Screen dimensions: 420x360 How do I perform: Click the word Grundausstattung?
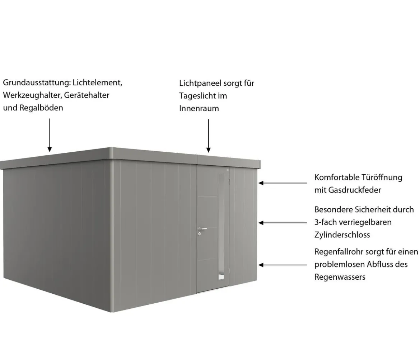point(37,83)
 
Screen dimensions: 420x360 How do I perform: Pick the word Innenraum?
point(199,108)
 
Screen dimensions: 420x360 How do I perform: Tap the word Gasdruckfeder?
point(355,190)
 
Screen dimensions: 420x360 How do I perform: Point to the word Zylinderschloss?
point(342,235)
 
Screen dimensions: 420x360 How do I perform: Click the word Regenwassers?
point(340,277)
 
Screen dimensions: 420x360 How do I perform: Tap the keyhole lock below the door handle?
point(200,234)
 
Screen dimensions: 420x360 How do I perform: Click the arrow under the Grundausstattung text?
point(50,135)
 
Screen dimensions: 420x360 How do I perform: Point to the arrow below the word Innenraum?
point(209,136)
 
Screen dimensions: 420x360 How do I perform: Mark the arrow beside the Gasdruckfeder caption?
point(283,183)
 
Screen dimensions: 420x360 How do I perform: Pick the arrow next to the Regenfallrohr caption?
point(283,265)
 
